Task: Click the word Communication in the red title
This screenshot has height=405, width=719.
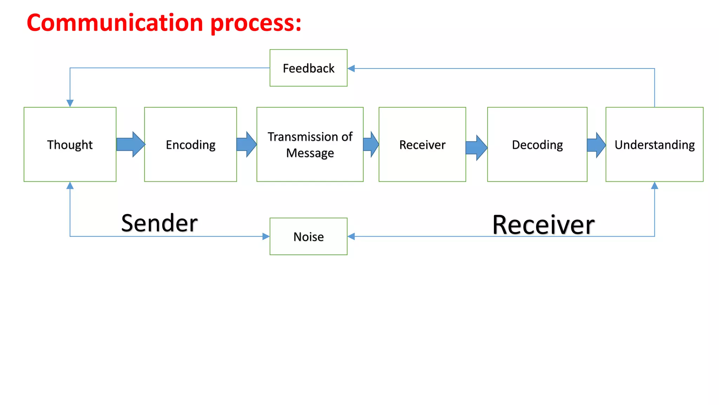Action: pyautogui.click(x=115, y=23)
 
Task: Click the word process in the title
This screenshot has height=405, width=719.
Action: pyautogui.click(x=256, y=24)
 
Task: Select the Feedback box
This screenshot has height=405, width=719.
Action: pyautogui.click(x=308, y=68)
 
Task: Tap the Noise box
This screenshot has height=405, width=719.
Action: pyautogui.click(x=308, y=236)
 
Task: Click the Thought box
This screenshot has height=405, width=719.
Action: pyautogui.click(x=70, y=144)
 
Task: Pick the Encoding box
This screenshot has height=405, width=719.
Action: pyautogui.click(x=190, y=144)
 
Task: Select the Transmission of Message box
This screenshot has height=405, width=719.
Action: pyautogui.click(x=310, y=144)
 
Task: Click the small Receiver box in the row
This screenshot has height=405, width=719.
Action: pyautogui.click(x=422, y=144)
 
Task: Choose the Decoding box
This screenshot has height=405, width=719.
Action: pyautogui.click(x=537, y=144)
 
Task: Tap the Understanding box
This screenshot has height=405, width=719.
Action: pyautogui.click(x=654, y=144)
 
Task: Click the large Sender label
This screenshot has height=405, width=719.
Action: pyautogui.click(x=159, y=223)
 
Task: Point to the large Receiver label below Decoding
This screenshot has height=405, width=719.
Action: pyautogui.click(x=543, y=225)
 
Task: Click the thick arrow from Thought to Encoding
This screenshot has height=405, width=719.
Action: pyautogui.click(x=130, y=144)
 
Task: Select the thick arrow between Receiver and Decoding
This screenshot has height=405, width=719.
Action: pyautogui.click(x=476, y=148)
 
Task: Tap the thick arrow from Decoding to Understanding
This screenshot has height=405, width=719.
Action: pyautogui.click(x=596, y=145)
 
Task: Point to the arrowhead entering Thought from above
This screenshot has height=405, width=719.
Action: pyautogui.click(x=70, y=103)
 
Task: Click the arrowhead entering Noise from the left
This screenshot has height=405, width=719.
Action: pyautogui.click(x=266, y=236)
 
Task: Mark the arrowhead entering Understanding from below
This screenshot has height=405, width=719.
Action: pyautogui.click(x=654, y=186)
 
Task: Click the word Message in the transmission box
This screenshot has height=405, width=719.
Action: pyautogui.click(x=310, y=153)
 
